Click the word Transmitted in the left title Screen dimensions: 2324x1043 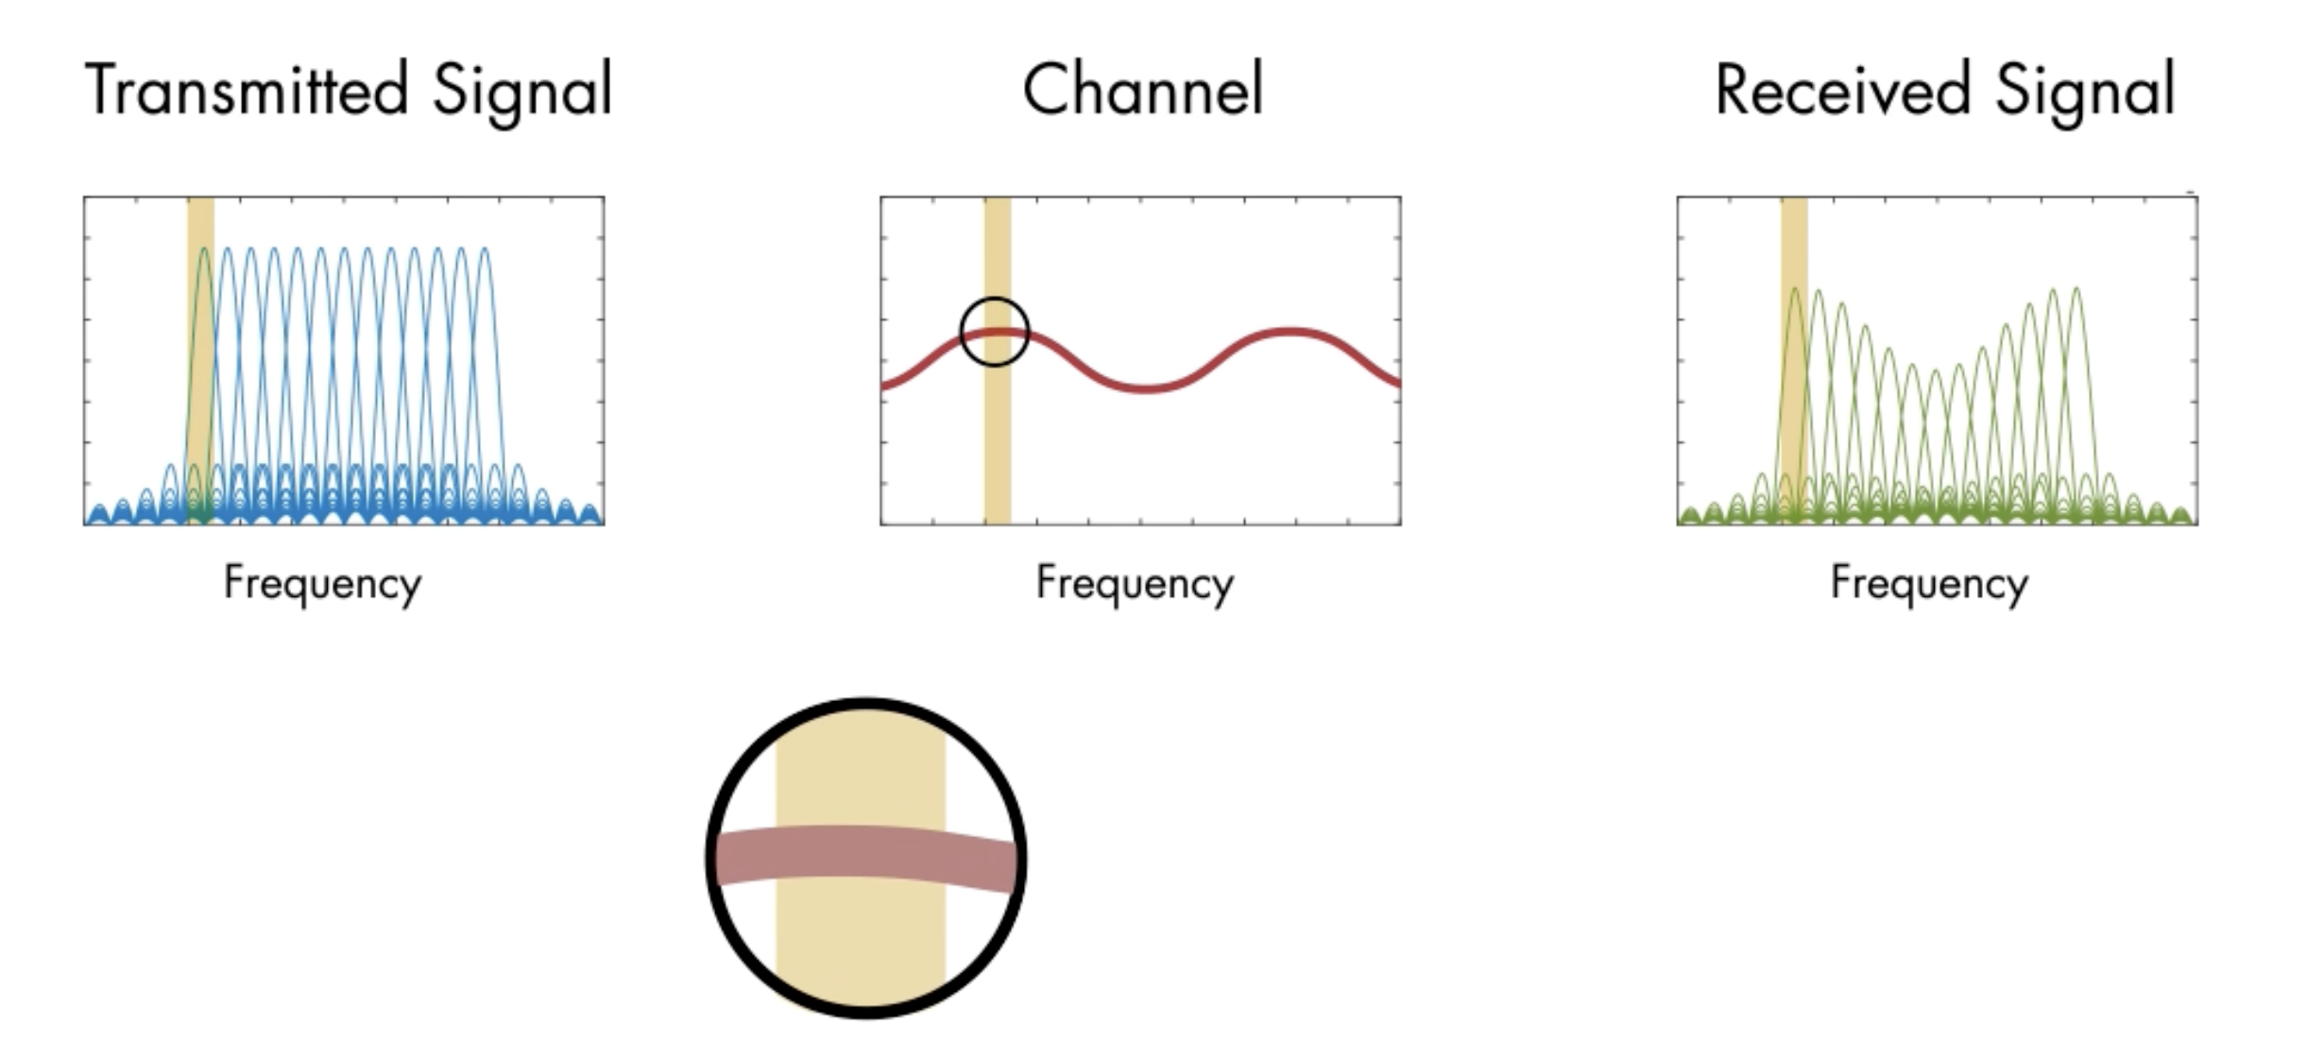point(247,89)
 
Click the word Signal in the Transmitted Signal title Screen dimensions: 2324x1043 point(522,93)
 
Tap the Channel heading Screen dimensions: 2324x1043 point(1142,89)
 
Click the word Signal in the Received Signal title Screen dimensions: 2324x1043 point(2085,93)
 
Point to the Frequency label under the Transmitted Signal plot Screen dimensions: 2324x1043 point(322,584)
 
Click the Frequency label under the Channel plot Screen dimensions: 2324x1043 point(1135,584)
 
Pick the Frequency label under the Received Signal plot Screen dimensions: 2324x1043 point(1929,584)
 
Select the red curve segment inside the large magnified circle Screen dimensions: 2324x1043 point(865,855)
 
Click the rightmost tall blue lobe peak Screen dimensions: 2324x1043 point(484,249)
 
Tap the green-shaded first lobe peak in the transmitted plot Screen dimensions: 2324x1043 point(203,249)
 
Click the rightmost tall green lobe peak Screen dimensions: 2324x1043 point(2076,289)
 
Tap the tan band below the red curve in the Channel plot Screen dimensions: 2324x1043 point(998,444)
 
